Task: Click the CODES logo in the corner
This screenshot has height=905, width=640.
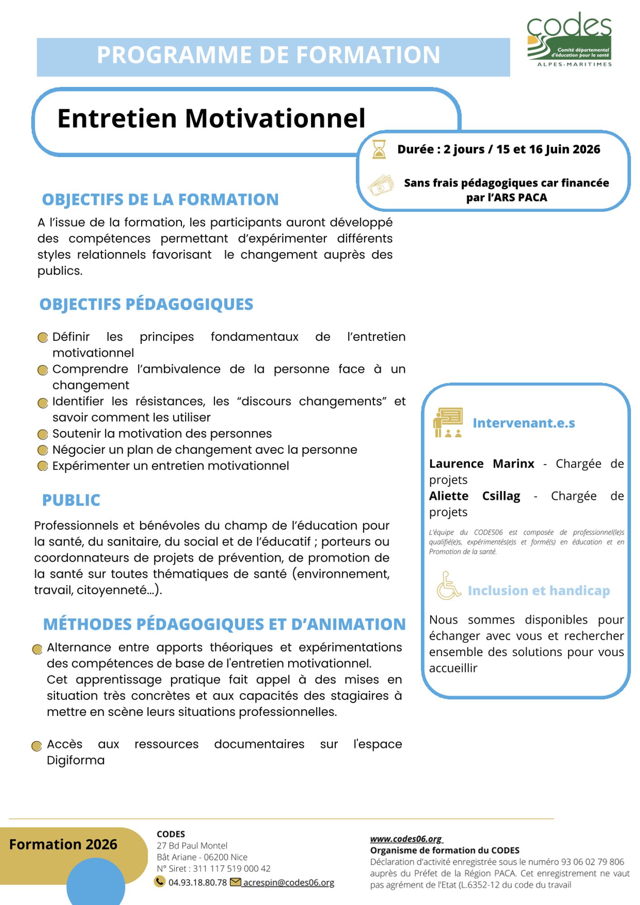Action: tap(569, 40)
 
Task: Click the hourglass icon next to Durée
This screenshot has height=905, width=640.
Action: tap(379, 149)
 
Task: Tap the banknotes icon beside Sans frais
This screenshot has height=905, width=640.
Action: tap(381, 186)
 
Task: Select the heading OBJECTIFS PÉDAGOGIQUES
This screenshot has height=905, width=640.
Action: tap(146, 304)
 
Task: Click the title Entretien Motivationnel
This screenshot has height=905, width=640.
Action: tap(211, 118)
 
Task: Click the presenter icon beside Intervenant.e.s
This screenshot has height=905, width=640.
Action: tap(448, 422)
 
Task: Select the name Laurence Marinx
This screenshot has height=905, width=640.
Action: tap(482, 464)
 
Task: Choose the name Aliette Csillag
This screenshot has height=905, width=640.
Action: tap(474, 496)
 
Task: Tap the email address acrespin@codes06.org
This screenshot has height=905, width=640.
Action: tap(289, 882)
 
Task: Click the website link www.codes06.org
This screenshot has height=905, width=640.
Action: tap(406, 838)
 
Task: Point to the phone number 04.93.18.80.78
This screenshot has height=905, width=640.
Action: tap(197, 882)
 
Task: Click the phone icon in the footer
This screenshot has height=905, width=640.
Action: tap(159, 881)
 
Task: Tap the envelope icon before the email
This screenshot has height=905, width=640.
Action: tap(235, 882)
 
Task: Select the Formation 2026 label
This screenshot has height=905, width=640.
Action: tap(63, 844)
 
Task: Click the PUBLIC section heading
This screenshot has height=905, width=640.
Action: tap(71, 500)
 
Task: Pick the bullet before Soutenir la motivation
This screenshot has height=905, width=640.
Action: tap(43, 434)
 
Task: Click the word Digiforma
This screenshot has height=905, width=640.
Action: tap(76, 760)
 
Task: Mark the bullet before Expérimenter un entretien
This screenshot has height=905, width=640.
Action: tap(43, 466)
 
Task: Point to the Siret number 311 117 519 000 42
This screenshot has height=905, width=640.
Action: tap(232, 868)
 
